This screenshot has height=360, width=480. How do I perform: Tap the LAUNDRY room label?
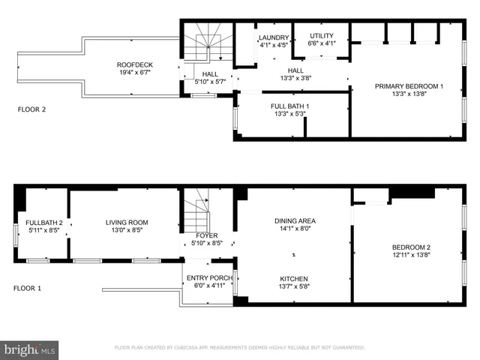coord(273,37)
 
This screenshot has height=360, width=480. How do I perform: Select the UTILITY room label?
coord(321,35)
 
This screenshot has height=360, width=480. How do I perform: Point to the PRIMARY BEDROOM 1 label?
coord(409,86)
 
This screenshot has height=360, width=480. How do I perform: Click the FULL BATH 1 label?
coord(290,106)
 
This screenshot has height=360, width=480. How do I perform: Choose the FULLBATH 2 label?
coord(44,223)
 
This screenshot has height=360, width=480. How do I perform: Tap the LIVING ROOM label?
coord(126,223)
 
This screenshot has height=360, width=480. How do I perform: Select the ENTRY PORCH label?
coord(209,278)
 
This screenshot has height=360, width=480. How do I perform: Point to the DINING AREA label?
coord(294,220)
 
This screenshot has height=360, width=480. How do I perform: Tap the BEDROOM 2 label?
coord(411,247)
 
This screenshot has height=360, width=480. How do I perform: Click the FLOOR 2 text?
coord(32,109)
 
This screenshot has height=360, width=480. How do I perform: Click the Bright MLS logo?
coord(30,349)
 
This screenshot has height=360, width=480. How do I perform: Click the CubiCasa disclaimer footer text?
coord(239,348)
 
